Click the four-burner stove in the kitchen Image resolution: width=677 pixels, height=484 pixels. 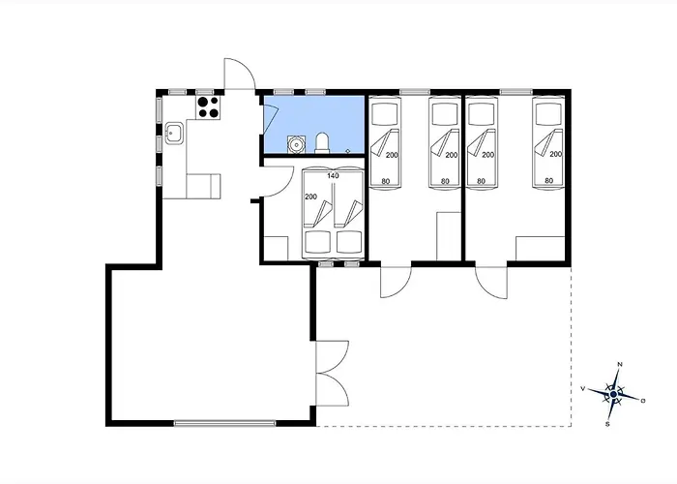coord(209,107)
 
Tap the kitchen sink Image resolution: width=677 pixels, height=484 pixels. coord(174,134)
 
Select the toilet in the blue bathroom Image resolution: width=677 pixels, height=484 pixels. coord(322,142)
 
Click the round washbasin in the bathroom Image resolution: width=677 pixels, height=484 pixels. coord(296,144)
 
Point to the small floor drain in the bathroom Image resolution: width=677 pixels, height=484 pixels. coord(348,151)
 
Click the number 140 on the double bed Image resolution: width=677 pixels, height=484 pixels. coord(333,176)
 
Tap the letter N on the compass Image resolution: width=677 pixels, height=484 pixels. coord(620,364)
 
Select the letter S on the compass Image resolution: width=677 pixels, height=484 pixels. coord(607,424)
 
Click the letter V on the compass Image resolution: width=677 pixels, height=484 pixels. coord(583,389)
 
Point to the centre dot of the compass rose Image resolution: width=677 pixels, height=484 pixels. coord(613,395)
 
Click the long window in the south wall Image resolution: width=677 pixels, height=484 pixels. coord(224,424)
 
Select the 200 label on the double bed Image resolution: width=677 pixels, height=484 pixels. coord(310,197)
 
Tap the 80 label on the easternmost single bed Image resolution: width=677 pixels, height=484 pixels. coord(548,181)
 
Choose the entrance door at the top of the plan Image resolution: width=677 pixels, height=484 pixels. coord(240,75)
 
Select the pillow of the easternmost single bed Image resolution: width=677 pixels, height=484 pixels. coord(548,113)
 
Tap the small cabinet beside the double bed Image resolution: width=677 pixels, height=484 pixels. coord(277,249)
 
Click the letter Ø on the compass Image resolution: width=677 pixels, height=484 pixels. coord(643,401)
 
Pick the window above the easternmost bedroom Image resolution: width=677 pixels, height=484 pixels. coord(515,92)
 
